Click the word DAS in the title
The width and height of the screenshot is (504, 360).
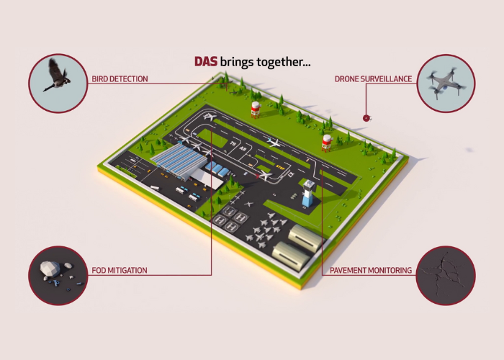pos(207,62)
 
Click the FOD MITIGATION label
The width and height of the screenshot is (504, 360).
pos(119,271)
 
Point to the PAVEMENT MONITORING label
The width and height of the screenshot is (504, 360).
pos(371,271)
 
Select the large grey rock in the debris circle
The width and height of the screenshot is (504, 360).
pos(48,268)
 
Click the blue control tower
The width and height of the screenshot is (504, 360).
pos(308,194)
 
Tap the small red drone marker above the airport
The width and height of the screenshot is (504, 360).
pos(366,117)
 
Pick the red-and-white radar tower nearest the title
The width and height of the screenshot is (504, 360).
pos(254,109)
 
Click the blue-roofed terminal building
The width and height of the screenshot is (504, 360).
pos(178,159)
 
